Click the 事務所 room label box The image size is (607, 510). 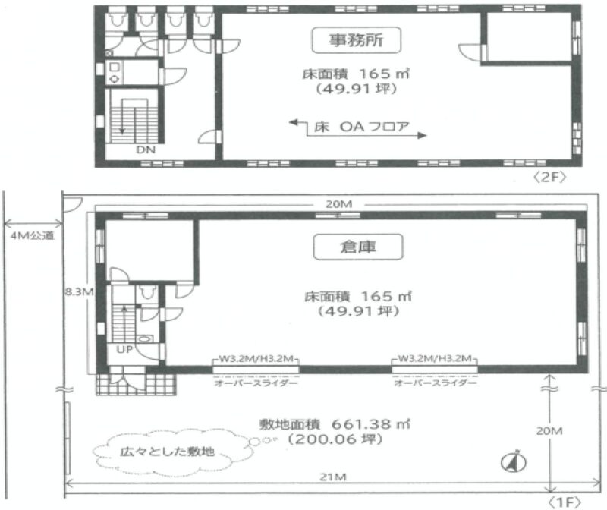pyautogui.click(x=356, y=40)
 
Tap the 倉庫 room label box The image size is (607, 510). pyautogui.click(x=358, y=247)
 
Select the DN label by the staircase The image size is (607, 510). pyautogui.click(x=146, y=150)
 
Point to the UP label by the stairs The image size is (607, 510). pyautogui.click(x=124, y=350)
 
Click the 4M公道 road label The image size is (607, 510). pyautogui.click(x=33, y=235)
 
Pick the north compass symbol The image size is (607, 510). pyautogui.click(x=514, y=461)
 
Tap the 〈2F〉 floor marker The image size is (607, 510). pyautogui.click(x=549, y=177)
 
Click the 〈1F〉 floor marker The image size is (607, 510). pyautogui.click(x=565, y=502)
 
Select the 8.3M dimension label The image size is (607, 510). pyautogui.click(x=80, y=291)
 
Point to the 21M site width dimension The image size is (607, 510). pyautogui.click(x=333, y=477)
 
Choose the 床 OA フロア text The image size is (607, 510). pyautogui.click(x=361, y=127)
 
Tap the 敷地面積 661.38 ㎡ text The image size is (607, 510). pyautogui.click(x=335, y=424)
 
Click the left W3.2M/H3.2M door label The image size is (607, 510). pyautogui.click(x=256, y=358)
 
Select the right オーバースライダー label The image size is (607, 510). pyautogui.click(x=435, y=383)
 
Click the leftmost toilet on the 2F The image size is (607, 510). pyautogui.click(x=115, y=19)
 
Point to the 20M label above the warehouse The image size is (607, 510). pyautogui.click(x=338, y=204)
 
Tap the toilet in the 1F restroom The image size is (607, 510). pyautogui.click(x=146, y=293)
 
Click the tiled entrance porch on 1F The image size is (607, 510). pyautogui.click(x=136, y=384)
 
